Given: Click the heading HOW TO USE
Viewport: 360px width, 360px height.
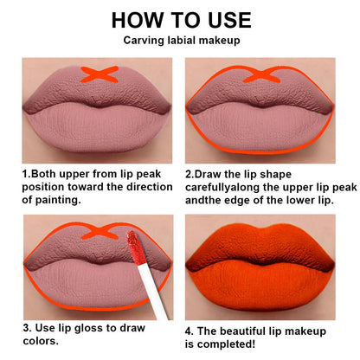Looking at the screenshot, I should tap(181, 20).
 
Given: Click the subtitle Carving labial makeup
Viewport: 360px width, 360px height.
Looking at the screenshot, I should tap(181, 40).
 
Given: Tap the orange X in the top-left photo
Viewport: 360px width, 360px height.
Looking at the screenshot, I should tap(103, 75).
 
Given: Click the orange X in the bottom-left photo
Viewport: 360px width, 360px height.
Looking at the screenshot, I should tap(102, 231).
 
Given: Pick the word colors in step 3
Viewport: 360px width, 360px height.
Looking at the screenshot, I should tap(42, 342).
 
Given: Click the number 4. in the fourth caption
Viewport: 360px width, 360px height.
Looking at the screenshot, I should tap(190, 329).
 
